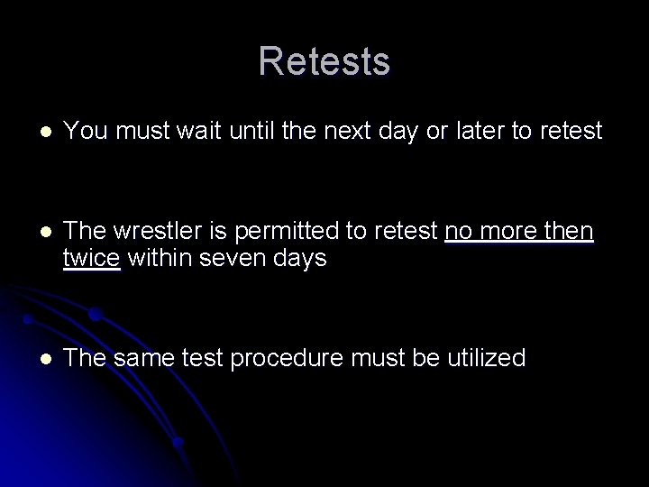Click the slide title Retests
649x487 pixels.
(324, 62)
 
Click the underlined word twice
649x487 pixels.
(92, 259)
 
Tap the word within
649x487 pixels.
(160, 259)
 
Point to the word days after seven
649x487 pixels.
(302, 259)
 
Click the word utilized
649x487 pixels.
(481, 358)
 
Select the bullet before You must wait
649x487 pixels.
(35, 133)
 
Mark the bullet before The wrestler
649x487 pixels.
(35, 234)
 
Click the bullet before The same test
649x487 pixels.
(35, 359)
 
